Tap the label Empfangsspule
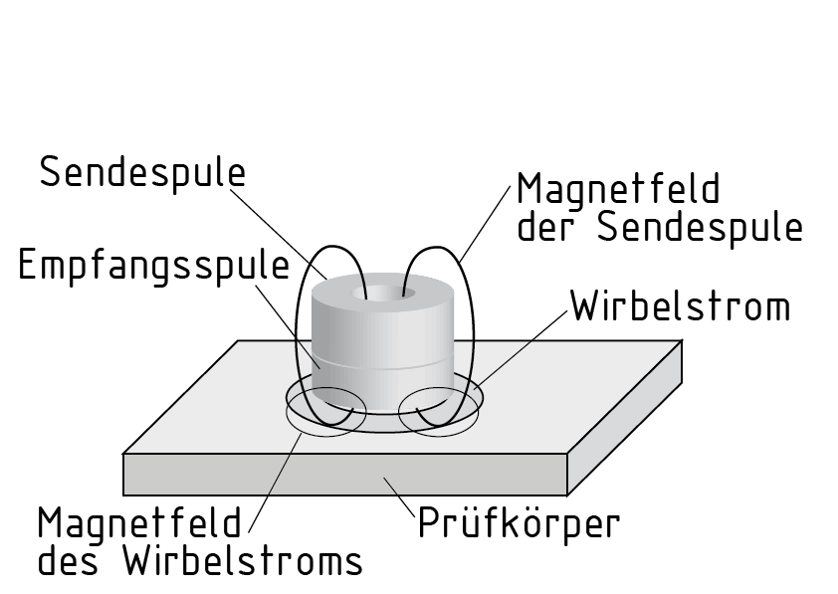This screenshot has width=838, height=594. [x=154, y=267]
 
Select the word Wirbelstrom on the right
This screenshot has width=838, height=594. [x=680, y=307]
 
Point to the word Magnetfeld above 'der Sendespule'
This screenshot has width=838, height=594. [x=618, y=189]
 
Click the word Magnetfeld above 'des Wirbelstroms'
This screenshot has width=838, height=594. [x=139, y=521]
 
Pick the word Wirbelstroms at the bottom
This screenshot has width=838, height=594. [x=243, y=561]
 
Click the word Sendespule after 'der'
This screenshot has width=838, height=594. [x=699, y=228]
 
